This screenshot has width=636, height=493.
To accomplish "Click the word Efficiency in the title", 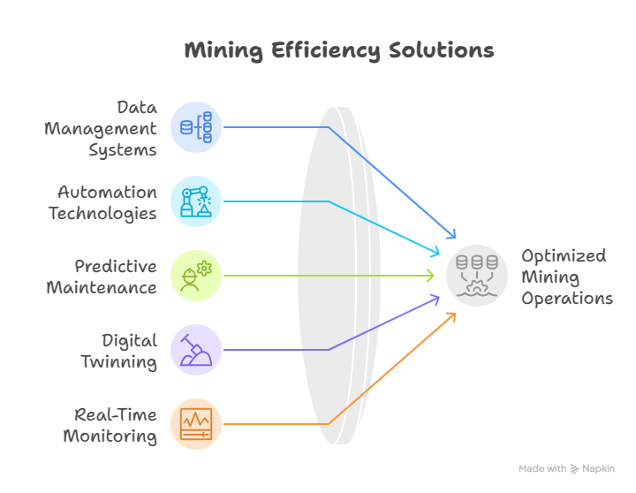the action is (x=325, y=51).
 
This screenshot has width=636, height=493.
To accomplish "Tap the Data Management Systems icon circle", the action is (x=196, y=127).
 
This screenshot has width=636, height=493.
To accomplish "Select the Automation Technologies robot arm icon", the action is (x=196, y=201).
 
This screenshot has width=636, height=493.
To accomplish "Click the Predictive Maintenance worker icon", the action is (x=196, y=276).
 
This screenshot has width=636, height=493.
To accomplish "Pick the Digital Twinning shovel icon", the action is (x=196, y=350).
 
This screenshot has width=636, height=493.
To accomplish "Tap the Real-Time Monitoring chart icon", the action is (x=196, y=424).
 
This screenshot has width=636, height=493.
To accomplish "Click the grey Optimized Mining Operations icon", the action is (x=477, y=276).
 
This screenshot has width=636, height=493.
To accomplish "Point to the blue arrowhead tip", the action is (x=456, y=239).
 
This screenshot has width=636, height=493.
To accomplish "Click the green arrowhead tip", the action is (x=434, y=276).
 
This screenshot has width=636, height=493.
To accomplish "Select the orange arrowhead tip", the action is (x=456, y=314).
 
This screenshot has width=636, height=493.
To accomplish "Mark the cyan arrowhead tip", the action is (x=439, y=254).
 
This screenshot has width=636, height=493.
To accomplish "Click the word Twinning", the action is (x=119, y=362).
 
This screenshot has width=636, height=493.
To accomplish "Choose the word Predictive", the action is (x=116, y=267).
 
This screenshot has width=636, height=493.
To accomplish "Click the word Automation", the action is (x=107, y=193).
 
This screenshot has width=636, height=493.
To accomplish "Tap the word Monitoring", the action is (x=110, y=436).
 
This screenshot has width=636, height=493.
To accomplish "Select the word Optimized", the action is (x=564, y=256).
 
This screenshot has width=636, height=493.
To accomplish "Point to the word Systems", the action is (x=123, y=150).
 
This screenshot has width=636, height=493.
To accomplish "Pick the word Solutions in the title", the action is (x=442, y=50).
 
